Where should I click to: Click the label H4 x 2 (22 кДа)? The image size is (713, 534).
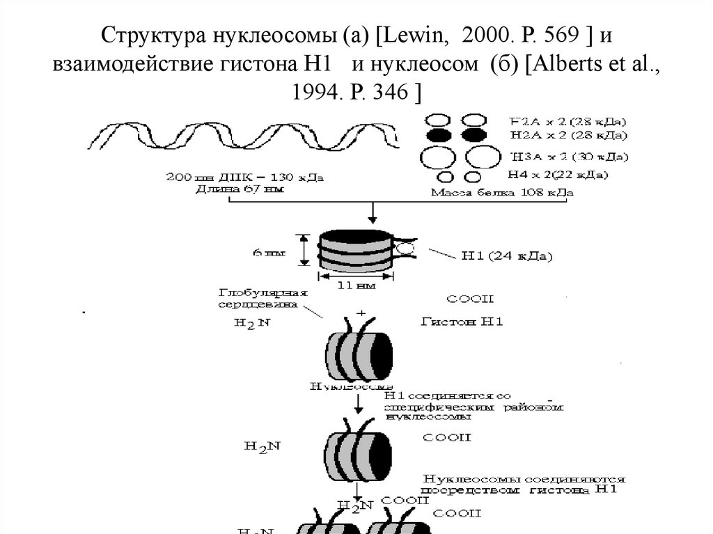point(557,174)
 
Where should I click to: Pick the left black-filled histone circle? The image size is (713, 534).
point(439,134)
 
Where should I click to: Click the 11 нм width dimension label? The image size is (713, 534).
point(356,285)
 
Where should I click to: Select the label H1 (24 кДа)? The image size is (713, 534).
point(507,256)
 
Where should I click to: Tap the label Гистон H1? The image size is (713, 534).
point(462,322)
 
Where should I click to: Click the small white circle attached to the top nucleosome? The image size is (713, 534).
point(406,246)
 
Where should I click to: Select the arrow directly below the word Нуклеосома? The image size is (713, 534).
point(357,402)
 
